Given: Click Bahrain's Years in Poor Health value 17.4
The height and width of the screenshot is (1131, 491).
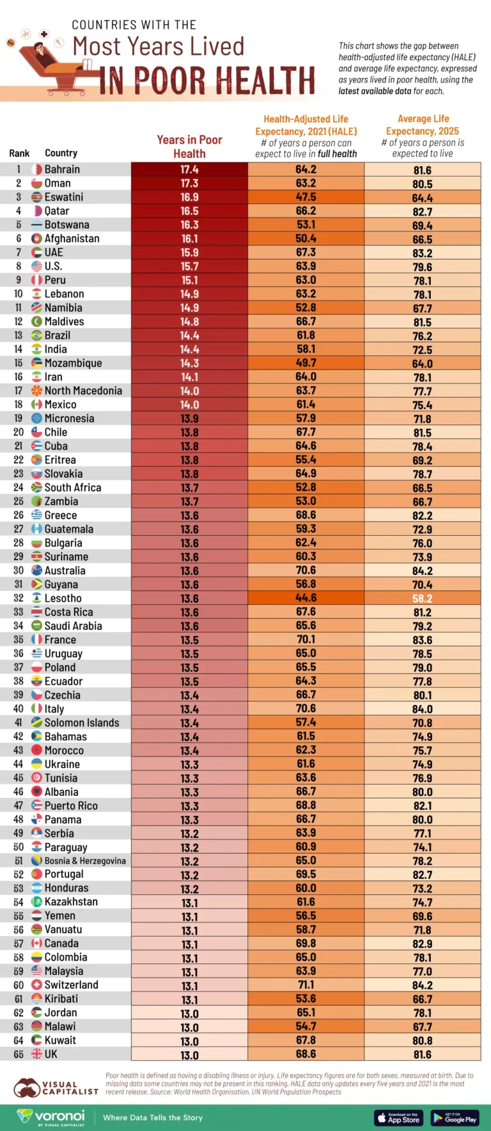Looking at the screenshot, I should (189, 169).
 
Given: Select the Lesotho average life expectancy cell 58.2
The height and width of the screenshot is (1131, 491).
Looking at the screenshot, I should (422, 598).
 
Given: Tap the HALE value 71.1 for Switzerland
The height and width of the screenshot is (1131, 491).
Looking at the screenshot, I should (306, 985).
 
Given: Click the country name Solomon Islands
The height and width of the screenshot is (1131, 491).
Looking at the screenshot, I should (82, 722).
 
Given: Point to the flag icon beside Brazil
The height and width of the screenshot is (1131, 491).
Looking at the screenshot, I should (36, 336).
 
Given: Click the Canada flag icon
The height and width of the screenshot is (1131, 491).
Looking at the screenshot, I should (36, 944).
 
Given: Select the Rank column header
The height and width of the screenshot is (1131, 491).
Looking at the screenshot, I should (19, 153).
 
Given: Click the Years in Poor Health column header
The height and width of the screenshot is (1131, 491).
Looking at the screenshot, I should (189, 146).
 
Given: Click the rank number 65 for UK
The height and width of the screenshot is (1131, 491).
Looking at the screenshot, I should (19, 1054).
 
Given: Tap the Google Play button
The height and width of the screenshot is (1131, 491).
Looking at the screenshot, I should (455, 1118).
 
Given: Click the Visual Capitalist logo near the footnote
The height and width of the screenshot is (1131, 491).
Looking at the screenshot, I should (56, 1088).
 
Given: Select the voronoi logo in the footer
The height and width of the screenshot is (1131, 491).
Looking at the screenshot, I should (51, 1117).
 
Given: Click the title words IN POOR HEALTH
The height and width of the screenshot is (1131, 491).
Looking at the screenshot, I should (207, 81).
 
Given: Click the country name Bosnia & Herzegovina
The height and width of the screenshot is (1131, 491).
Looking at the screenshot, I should (85, 861).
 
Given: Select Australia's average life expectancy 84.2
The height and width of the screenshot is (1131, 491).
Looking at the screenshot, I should (422, 571).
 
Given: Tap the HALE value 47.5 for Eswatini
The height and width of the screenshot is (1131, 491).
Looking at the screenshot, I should (306, 198).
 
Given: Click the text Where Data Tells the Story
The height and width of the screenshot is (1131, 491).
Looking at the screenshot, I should (153, 1118).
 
